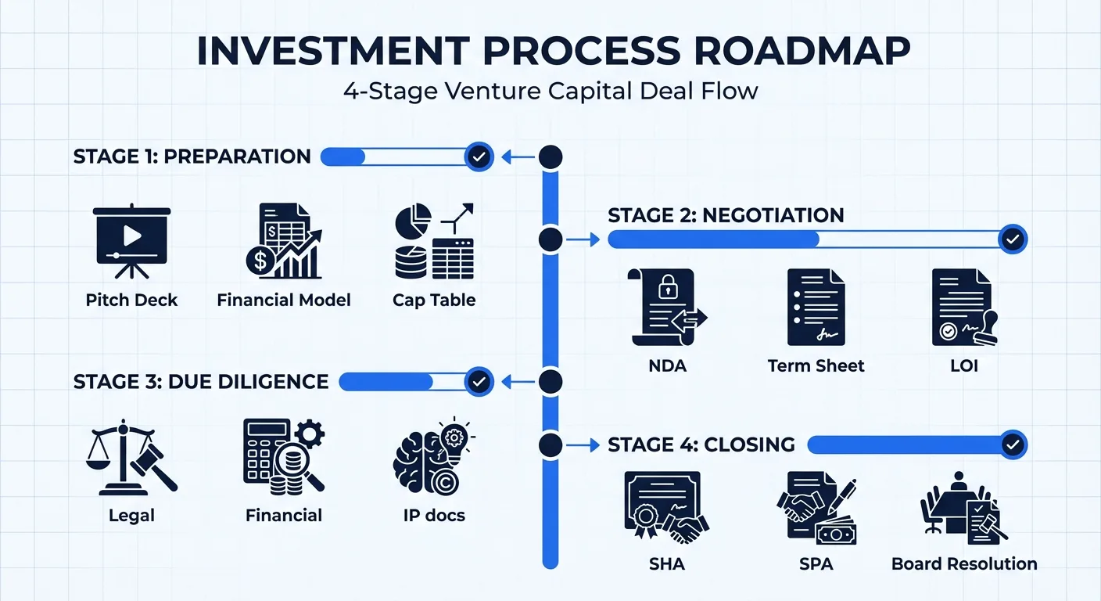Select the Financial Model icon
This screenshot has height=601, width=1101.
click(283, 242)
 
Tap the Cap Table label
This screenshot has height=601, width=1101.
click(434, 300)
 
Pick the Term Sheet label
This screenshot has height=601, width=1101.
click(816, 365)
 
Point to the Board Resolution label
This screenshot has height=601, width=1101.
click(964, 563)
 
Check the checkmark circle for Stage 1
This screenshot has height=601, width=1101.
click(479, 157)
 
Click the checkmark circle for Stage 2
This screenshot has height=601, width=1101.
click(1013, 239)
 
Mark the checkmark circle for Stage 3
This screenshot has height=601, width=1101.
click(479, 382)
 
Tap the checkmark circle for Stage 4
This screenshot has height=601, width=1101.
click(1013, 445)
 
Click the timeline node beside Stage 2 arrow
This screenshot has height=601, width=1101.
click(550, 239)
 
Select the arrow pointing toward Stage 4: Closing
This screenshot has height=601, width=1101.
click(579, 445)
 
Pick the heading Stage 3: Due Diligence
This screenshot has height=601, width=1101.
click(201, 382)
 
